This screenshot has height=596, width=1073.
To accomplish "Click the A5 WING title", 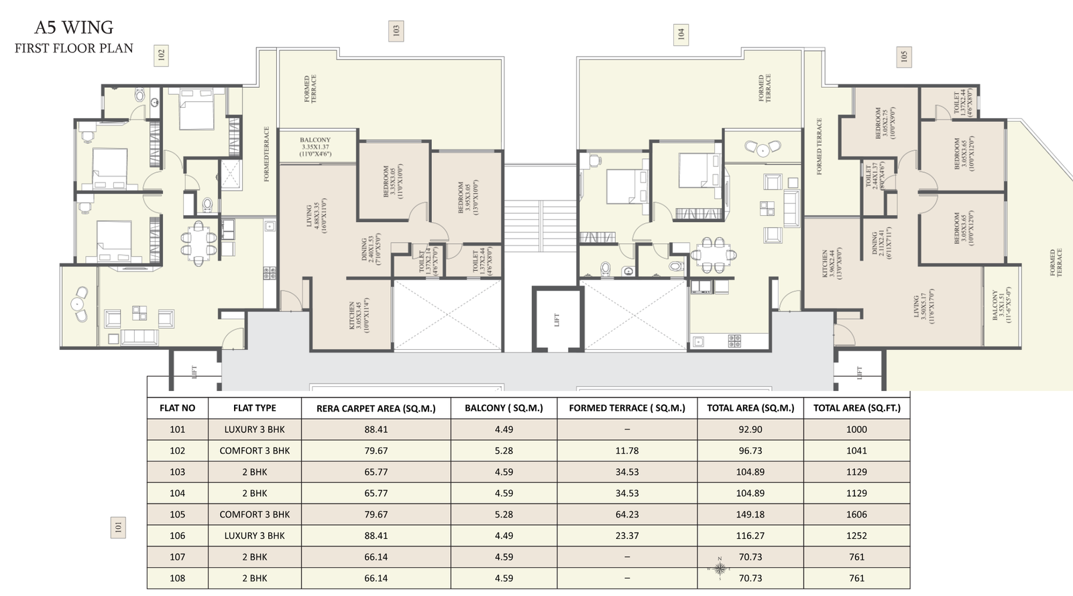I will point(74,27).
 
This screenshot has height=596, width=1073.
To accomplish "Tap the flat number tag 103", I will point(396,31).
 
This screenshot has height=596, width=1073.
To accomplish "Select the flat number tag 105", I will point(903,56).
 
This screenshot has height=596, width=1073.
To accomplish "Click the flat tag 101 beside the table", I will point(118,528).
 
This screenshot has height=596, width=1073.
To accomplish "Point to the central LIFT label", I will point(557,320).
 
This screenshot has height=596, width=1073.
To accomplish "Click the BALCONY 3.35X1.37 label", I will point(315,147).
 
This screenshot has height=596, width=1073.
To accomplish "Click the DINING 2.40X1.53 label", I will point(371,249).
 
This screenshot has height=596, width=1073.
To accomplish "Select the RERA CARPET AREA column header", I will point(376,408).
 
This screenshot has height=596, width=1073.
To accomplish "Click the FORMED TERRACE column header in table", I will point(627,408).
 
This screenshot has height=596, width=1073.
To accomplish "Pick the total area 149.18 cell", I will point(750,514).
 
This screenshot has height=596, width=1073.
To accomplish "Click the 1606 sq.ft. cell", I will point(856,514).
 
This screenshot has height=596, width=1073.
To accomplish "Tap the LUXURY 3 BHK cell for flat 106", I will point(254,536).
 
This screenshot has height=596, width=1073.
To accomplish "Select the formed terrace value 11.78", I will point(627,451).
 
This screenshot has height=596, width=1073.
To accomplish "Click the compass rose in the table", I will point(720,569).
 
